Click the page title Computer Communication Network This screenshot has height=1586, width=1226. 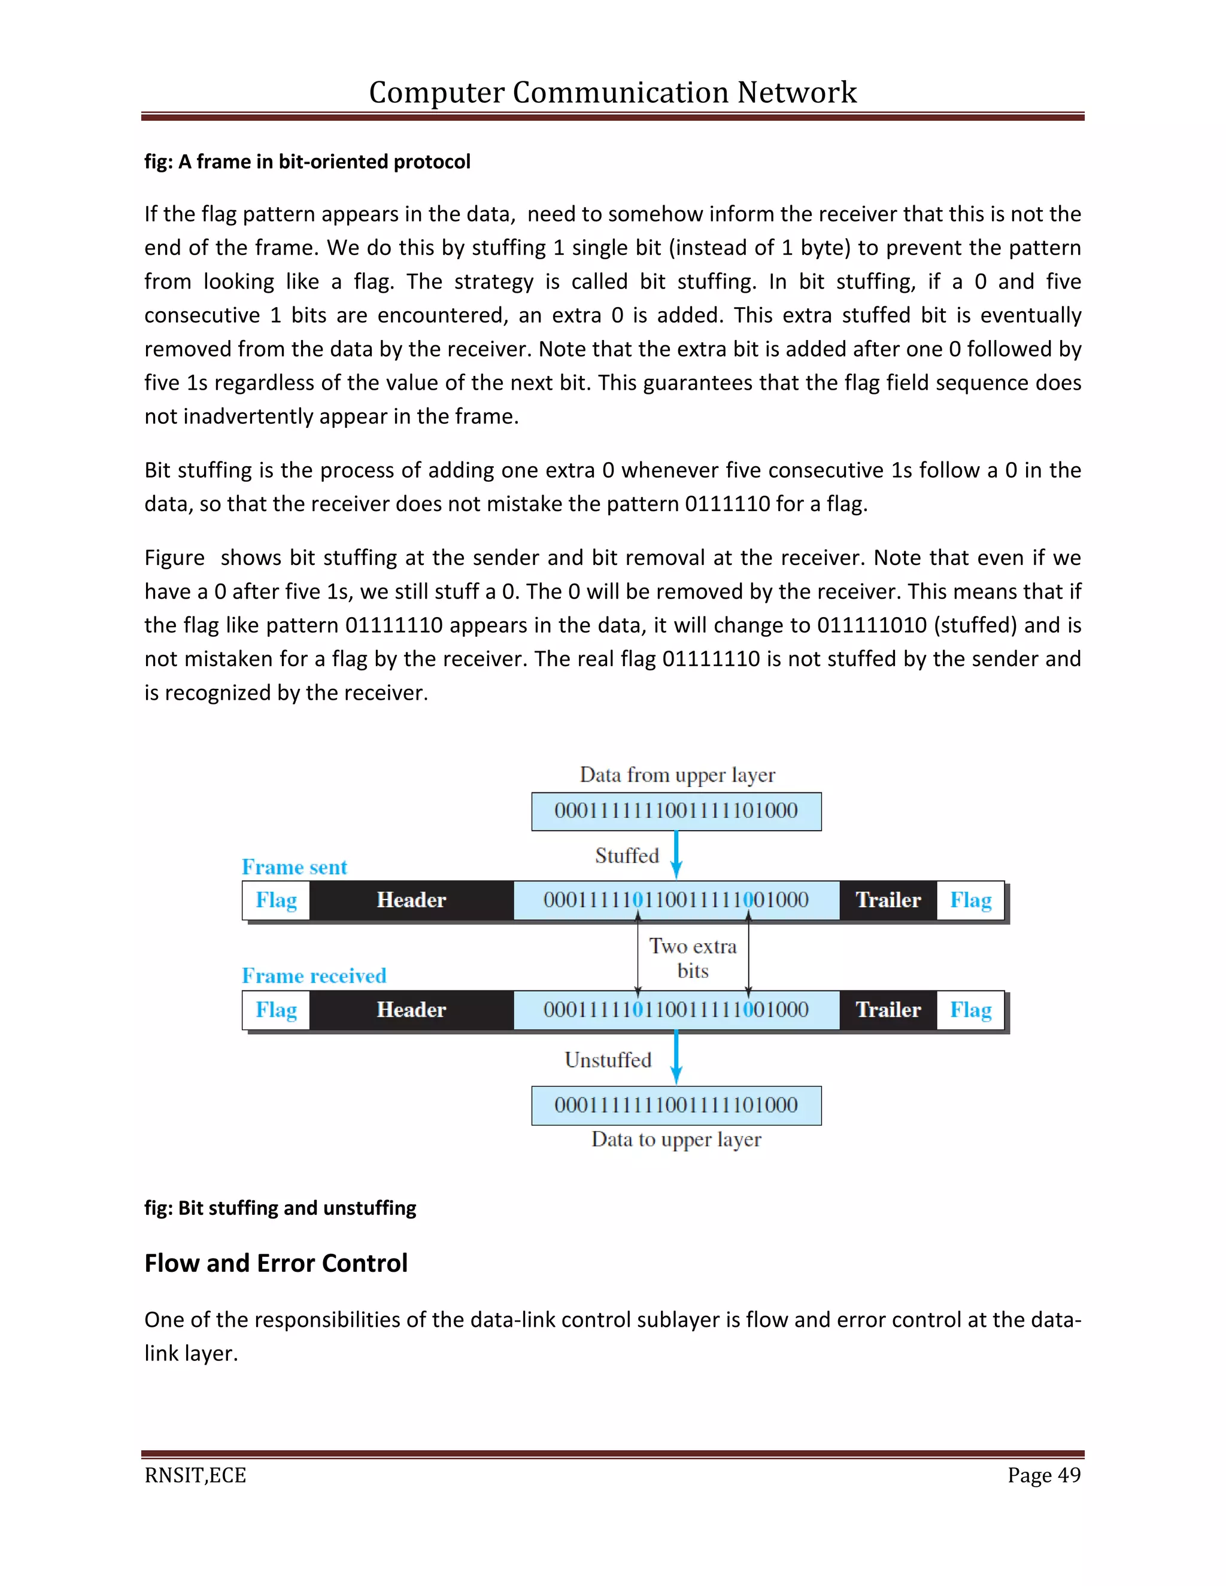[x=612, y=92]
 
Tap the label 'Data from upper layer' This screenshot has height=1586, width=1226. [x=677, y=775]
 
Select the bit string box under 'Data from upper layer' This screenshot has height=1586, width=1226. [x=676, y=811]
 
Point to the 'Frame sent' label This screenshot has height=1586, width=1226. [x=294, y=867]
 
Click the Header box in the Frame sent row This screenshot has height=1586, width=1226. [x=411, y=901]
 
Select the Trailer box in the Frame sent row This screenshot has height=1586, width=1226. [x=888, y=901]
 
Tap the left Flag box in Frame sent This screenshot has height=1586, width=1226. [x=276, y=901]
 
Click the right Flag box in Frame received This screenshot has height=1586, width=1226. [x=970, y=1010]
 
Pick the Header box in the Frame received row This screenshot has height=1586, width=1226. [x=411, y=1010]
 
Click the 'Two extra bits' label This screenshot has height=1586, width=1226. [x=693, y=958]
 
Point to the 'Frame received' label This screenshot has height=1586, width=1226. [x=314, y=976]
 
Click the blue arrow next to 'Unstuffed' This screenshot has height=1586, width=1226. [x=676, y=1058]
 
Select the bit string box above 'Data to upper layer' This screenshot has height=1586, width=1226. [x=676, y=1105]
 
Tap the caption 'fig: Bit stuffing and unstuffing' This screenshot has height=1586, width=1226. [x=280, y=1208]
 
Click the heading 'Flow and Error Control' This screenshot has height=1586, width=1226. [x=276, y=1263]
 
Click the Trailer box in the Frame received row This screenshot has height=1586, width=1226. [x=888, y=1010]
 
